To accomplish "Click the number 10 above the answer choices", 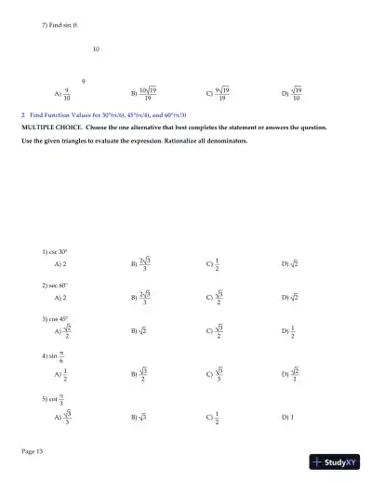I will coord(96,48).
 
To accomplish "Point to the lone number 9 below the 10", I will coord(85,82).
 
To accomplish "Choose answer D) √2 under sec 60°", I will coord(290,297).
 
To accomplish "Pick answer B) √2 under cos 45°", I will coord(139,330).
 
